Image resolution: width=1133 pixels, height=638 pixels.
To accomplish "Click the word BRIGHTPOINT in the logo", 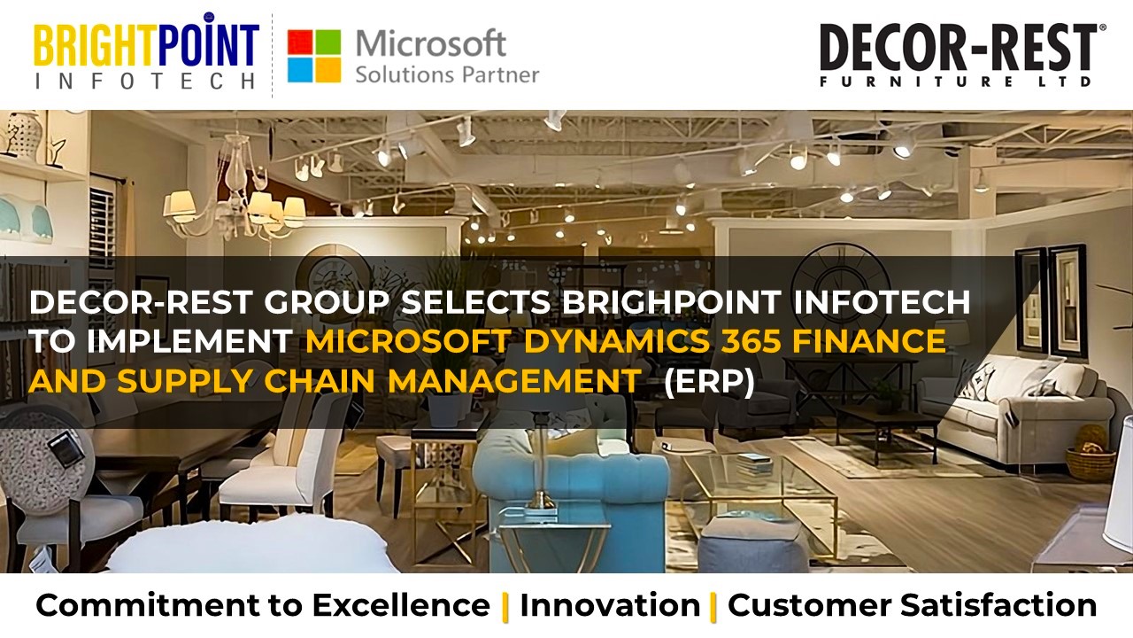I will point(146,43).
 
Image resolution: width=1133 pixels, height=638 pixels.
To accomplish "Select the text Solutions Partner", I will point(446,74).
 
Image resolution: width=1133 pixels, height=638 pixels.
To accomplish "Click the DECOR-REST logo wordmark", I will point(958,48).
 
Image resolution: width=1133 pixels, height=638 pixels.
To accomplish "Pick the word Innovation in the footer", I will point(610,606).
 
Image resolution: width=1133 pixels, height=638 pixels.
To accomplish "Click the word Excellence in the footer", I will point(400,606).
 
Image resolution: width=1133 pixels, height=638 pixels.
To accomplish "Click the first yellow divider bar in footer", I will point(505,606).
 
